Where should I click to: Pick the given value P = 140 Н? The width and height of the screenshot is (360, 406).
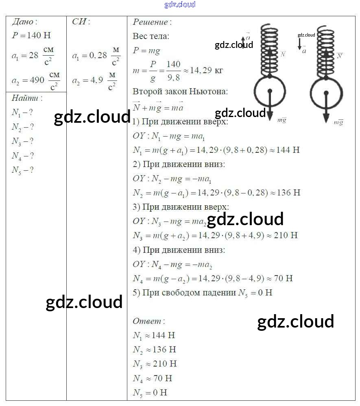[31, 35]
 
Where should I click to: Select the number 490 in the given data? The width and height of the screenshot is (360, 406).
[37, 80]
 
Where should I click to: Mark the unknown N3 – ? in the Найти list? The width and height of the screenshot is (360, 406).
[22, 141]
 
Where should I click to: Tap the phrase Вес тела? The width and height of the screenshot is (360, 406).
[151, 36]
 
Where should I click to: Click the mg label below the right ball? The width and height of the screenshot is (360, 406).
[338, 122]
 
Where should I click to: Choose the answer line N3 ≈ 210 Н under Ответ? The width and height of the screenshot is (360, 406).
[155, 364]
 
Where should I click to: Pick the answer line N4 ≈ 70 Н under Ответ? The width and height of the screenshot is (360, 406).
[153, 378]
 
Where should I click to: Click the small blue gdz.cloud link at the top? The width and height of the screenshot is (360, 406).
[180, 4]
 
